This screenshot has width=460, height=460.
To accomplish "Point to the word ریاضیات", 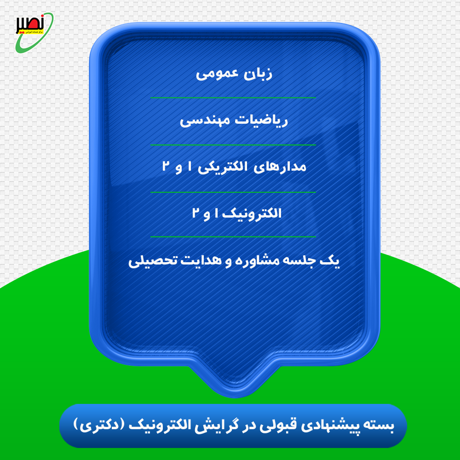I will pyautogui.click(x=265, y=121).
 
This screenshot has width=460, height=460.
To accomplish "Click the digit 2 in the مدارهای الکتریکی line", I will pyautogui.click(x=166, y=167).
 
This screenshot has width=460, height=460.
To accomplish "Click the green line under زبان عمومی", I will pyautogui.click(x=233, y=98).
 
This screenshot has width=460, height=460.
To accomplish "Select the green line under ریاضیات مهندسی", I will pyautogui.click(x=233, y=145).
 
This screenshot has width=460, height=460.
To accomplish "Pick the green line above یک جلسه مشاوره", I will pyautogui.click(x=233, y=236).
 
